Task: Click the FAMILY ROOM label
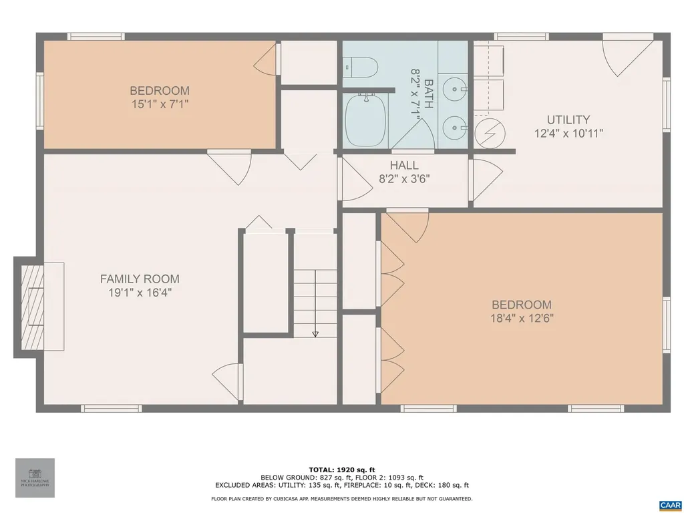[x=140, y=279]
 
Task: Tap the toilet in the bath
[x=361, y=66]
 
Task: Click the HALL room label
[x=404, y=166]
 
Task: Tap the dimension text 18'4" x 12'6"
[x=522, y=318]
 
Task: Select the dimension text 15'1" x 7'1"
[x=160, y=104]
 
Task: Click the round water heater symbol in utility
[x=486, y=133]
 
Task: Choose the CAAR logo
[x=670, y=505]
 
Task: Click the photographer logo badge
[x=35, y=478]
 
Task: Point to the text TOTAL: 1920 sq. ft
[x=342, y=470]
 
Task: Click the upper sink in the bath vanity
[x=456, y=87]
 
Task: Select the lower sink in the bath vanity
[x=456, y=124]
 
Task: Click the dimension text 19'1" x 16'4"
[x=140, y=293]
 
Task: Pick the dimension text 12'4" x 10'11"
[x=568, y=134]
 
